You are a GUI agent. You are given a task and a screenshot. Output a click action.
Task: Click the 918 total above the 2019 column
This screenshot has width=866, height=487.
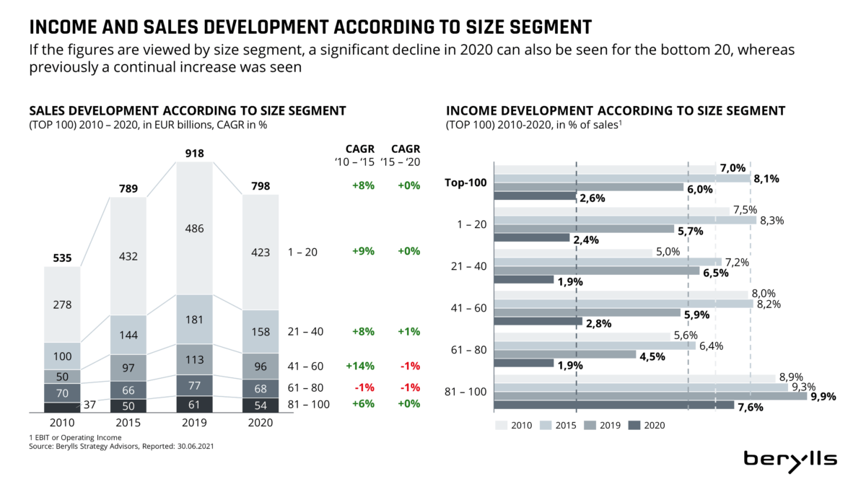point(195,153)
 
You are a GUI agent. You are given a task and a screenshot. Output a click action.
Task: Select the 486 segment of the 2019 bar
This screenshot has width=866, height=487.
point(195,229)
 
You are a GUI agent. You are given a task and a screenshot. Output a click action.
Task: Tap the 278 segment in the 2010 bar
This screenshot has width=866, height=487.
point(63,305)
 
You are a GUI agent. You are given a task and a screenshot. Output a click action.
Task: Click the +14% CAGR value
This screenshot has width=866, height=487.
point(361,365)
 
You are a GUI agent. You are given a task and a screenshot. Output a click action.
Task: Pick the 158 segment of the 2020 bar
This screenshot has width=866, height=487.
point(261,332)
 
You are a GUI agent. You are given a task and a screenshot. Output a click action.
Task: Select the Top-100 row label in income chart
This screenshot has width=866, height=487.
point(465,183)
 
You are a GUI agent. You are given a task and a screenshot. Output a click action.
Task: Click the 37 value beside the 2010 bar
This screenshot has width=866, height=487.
point(90,404)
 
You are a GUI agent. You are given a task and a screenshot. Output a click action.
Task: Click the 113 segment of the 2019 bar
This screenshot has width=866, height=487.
point(195,359)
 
